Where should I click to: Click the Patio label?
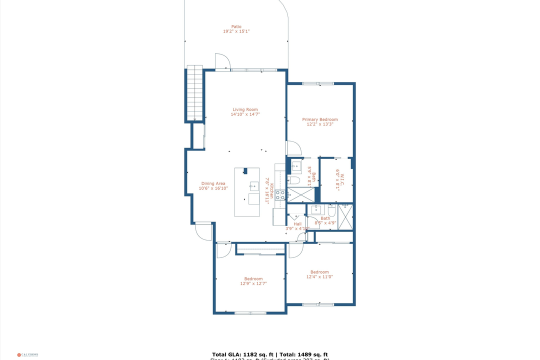click(236, 26)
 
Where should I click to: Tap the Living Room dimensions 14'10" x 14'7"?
click(245, 114)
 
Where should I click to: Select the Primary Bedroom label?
click(319, 119)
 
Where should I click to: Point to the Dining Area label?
click(213, 183)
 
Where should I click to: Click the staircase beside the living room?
click(194, 93)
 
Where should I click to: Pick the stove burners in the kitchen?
click(280, 195)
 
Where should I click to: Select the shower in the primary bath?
click(301, 194)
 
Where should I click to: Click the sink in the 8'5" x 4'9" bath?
click(316, 209)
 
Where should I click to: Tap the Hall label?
click(297, 224)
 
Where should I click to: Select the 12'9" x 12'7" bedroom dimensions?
click(253, 283)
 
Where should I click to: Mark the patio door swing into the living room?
click(222, 61)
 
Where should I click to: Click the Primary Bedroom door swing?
click(293, 148)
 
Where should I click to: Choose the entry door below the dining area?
click(203, 232)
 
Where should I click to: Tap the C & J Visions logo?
click(27, 354)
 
